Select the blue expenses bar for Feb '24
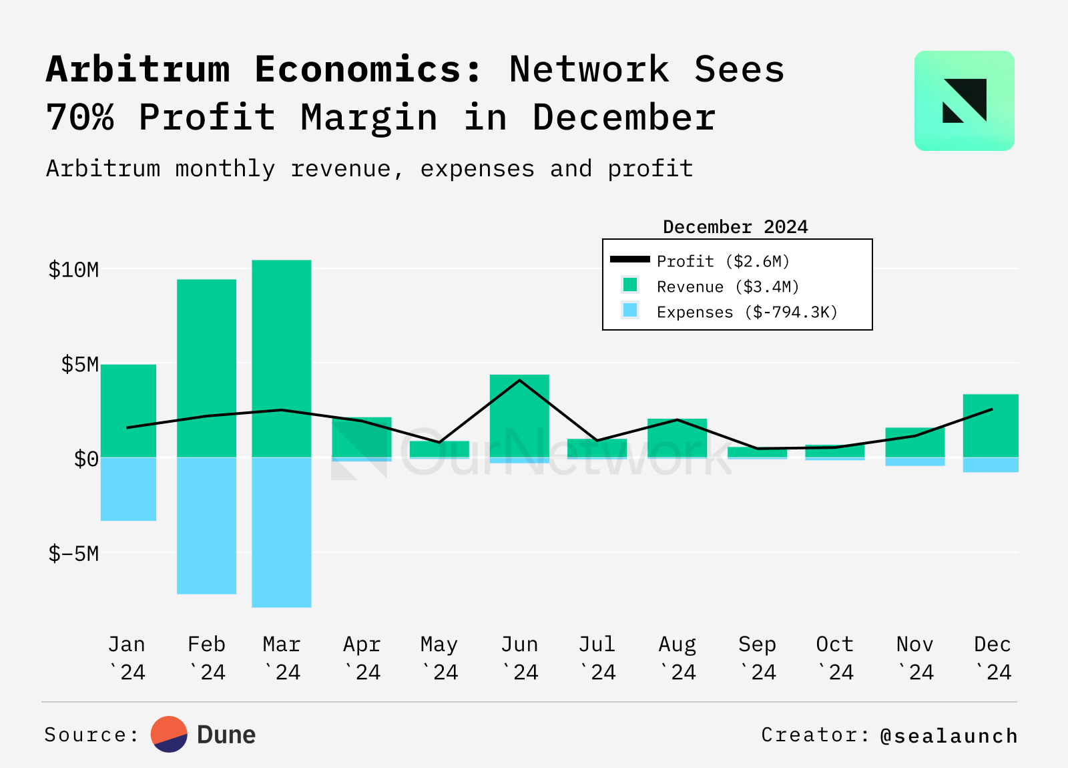(206, 526)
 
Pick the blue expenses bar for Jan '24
(128, 489)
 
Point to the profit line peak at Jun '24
(519, 380)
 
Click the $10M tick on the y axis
(73, 270)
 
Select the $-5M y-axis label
(73, 554)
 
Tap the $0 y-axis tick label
(86, 459)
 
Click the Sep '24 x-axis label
(757, 658)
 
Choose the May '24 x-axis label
(439, 658)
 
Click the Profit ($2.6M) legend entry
(723, 261)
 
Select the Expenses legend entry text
(747, 312)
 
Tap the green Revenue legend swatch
(630, 285)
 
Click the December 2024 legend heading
(735, 227)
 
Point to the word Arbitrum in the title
(138, 69)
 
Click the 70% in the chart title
(80, 118)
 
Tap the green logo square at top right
(964, 101)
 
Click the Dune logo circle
(169, 735)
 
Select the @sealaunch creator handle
(949, 735)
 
